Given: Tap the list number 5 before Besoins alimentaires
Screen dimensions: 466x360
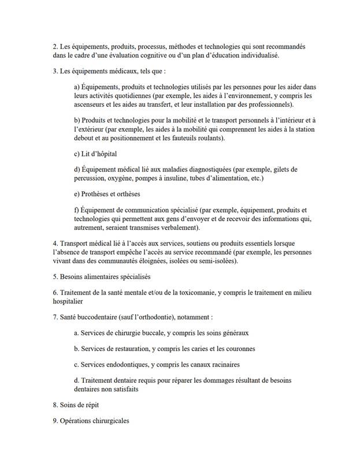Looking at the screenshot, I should click(54, 277).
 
